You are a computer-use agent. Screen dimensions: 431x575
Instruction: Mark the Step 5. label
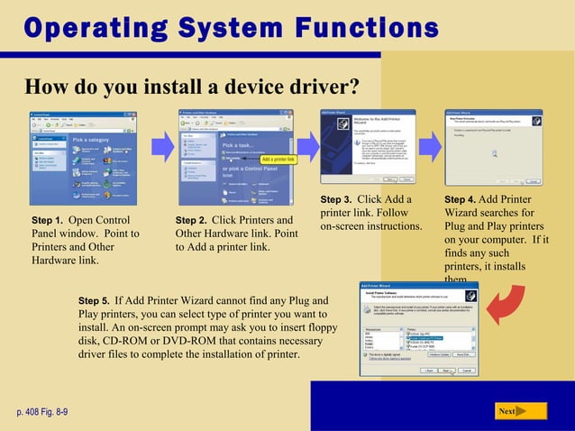(95, 299)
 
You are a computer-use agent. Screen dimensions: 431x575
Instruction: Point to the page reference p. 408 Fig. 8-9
(41, 412)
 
